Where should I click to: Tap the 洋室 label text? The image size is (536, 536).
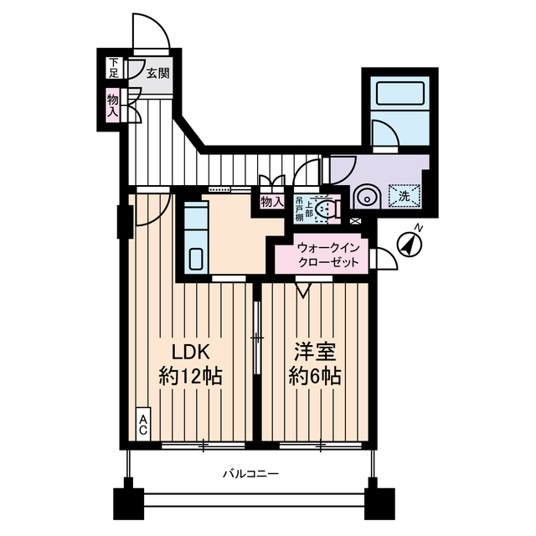(x=317, y=351)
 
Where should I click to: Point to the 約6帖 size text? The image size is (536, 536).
(x=317, y=376)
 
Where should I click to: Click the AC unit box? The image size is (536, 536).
(x=143, y=425)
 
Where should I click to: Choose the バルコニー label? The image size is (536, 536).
(x=250, y=473)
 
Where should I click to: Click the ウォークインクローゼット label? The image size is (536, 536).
(x=328, y=255)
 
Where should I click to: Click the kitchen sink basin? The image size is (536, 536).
(x=195, y=260)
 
